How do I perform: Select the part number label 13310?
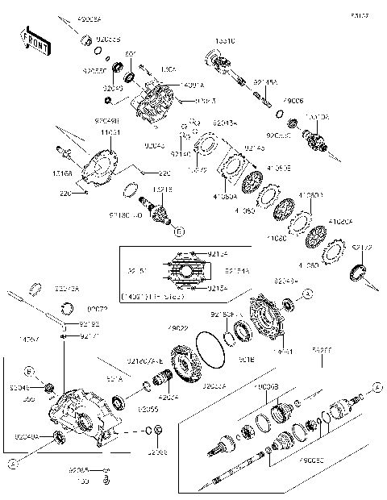pyautogui.click(x=223, y=40)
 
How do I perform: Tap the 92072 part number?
pyautogui.click(x=98, y=309)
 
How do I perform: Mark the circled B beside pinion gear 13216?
pyautogui.click(x=178, y=231)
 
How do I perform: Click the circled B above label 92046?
pyautogui.click(x=28, y=372)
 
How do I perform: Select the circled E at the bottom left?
pyautogui.click(x=12, y=464)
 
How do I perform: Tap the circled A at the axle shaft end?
pyautogui.click(x=377, y=389)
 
